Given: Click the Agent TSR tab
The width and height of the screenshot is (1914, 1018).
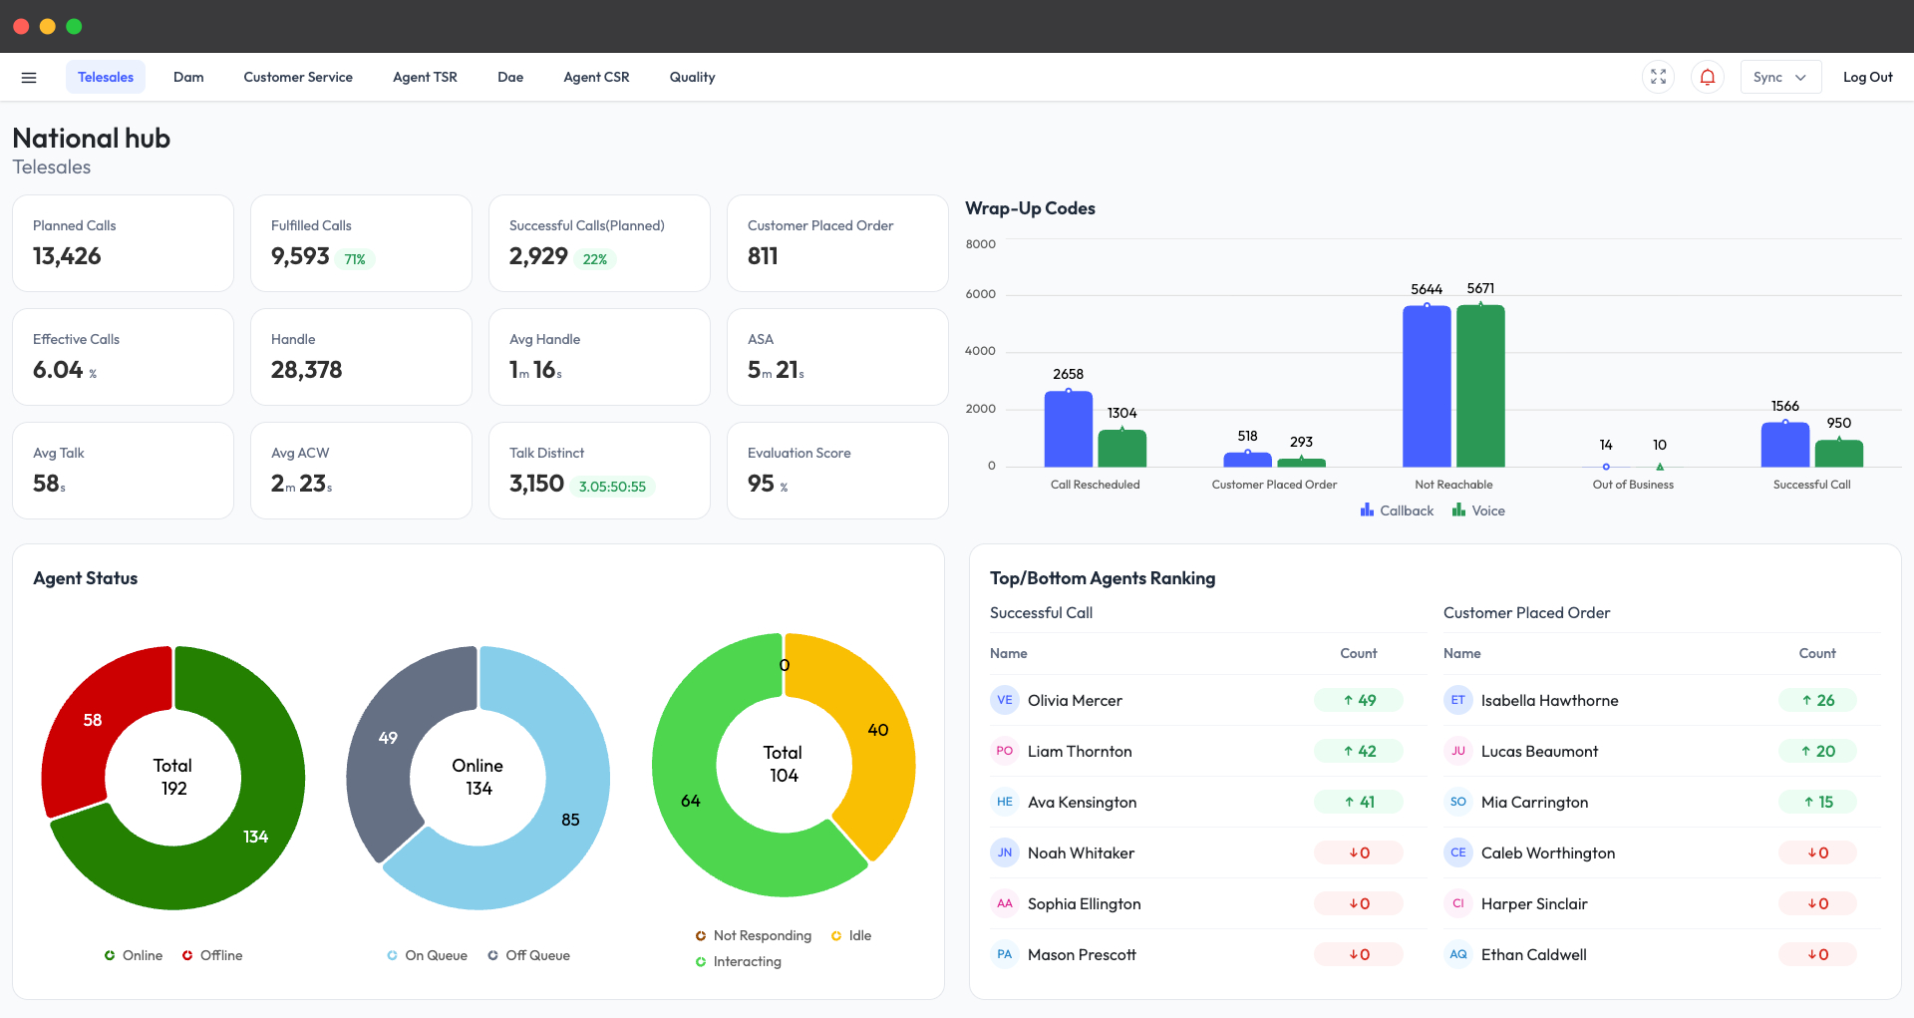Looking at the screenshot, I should (x=425, y=77).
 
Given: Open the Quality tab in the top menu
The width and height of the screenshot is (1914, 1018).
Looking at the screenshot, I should (x=692, y=77).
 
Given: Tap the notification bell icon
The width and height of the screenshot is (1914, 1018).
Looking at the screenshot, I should (x=1707, y=77).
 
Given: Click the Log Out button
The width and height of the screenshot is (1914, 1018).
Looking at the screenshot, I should (x=1867, y=77).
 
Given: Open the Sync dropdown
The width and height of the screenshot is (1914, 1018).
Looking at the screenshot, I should (x=1779, y=77).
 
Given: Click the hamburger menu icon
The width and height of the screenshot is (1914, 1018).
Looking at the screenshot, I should (x=29, y=77).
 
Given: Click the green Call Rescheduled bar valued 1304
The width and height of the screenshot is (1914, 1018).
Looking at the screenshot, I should (x=1122, y=448).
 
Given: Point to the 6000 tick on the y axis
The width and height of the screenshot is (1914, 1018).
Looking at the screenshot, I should (x=980, y=294).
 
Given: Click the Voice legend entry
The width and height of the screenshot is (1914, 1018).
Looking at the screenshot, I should (x=1479, y=510).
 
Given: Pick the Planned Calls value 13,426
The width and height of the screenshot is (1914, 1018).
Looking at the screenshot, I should (x=67, y=256).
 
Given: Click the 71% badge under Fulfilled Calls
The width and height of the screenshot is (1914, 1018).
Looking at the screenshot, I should (x=355, y=259).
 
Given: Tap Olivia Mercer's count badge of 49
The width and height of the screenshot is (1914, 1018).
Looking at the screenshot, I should (x=1359, y=700).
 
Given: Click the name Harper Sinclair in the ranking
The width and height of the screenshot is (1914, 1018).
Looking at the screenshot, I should (x=1534, y=903).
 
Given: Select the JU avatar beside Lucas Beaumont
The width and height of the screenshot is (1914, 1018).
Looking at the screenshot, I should (x=1458, y=751).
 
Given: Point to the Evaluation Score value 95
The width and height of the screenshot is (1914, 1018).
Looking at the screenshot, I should (x=762, y=484).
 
